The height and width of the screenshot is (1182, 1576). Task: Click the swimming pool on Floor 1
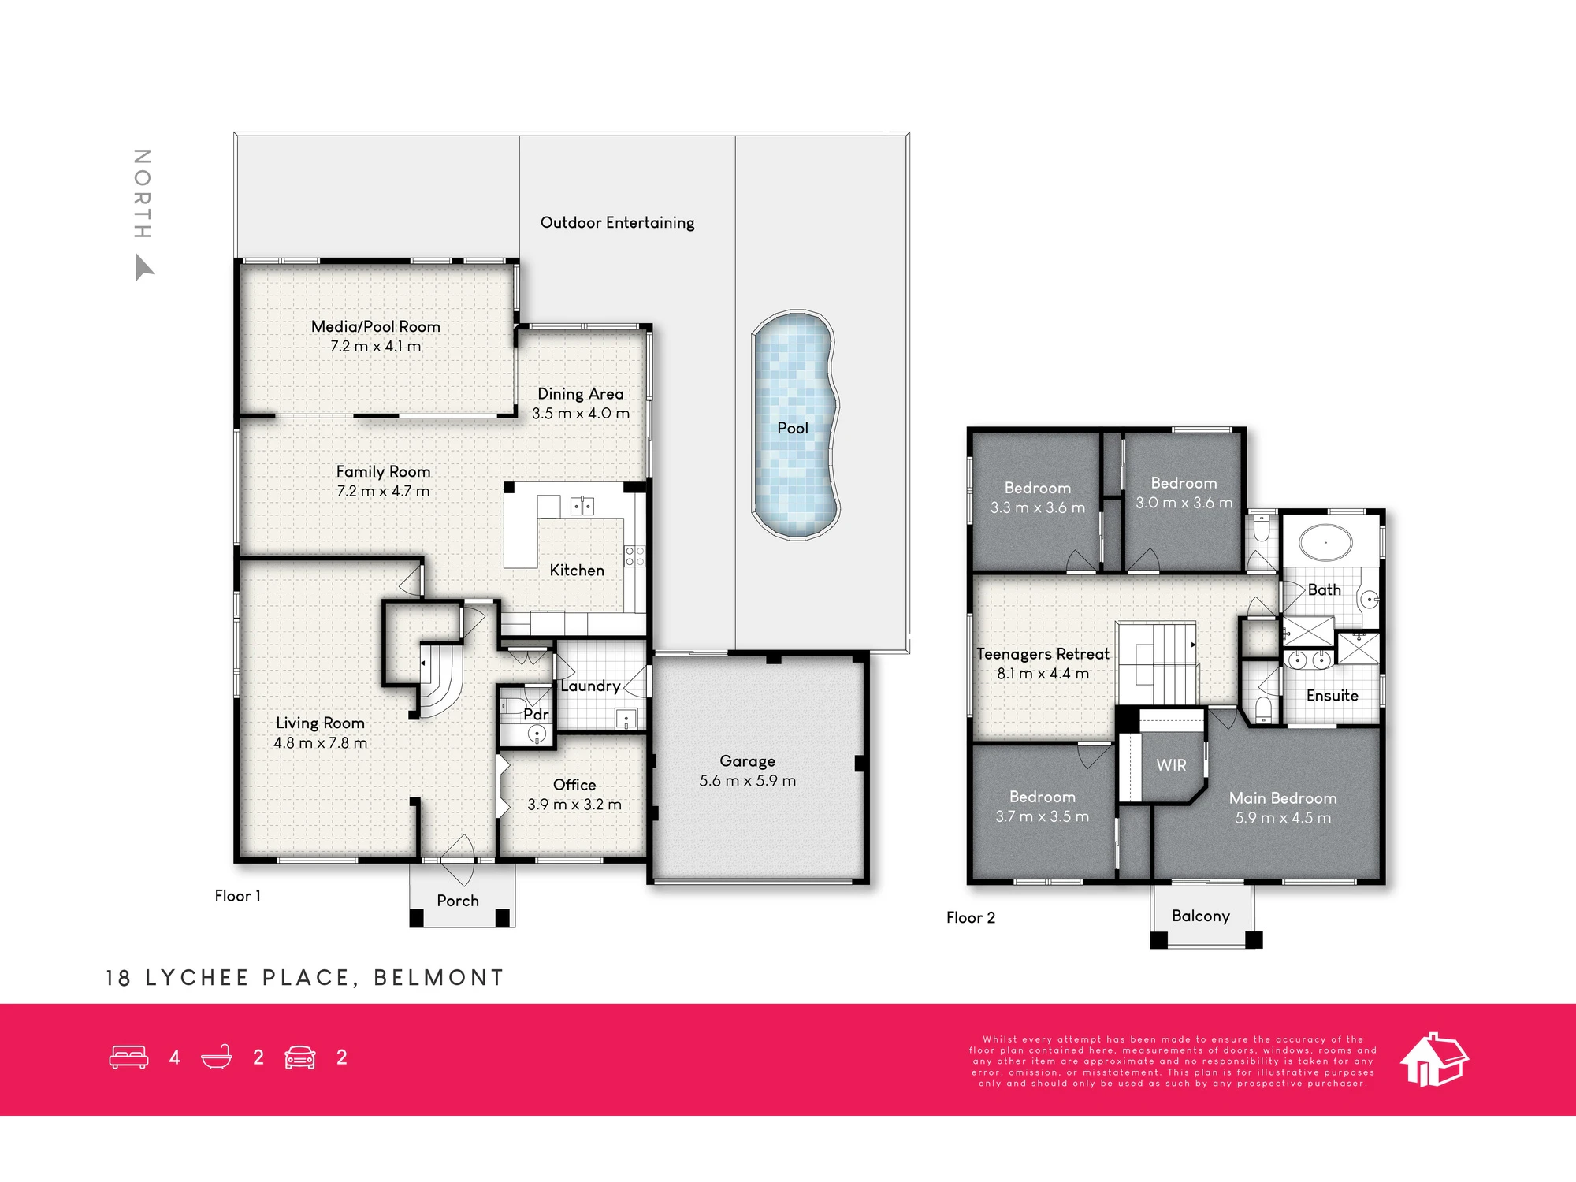tap(795, 425)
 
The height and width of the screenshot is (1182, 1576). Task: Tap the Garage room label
tap(747, 761)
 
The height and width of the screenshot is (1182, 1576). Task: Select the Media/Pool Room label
tap(376, 326)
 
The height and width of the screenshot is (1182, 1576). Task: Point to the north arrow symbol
tap(143, 267)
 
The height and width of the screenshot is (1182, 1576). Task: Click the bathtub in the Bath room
tap(1325, 543)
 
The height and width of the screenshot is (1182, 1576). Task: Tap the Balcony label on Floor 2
tap(1200, 916)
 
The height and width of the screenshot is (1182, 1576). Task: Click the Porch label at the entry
tap(458, 900)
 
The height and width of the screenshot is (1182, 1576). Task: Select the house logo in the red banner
tap(1434, 1059)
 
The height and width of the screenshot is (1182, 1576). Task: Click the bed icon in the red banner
tap(128, 1057)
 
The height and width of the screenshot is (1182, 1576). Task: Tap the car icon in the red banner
tap(300, 1057)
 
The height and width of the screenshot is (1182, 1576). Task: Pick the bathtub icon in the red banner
tap(217, 1057)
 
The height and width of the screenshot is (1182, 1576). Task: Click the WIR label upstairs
tap(1171, 764)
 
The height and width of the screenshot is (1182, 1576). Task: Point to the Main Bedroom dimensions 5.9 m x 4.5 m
tap(1283, 818)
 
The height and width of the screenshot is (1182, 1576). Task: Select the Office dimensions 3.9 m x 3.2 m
tap(574, 805)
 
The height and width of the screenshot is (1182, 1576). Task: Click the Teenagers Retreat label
tap(1043, 654)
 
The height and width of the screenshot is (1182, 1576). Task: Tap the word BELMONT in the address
tap(439, 978)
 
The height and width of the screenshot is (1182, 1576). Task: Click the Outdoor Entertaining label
tap(618, 222)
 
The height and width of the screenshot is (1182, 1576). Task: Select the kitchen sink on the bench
tap(582, 505)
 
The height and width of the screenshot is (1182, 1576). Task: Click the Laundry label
tap(590, 686)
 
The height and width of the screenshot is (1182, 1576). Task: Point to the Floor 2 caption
tap(971, 917)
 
